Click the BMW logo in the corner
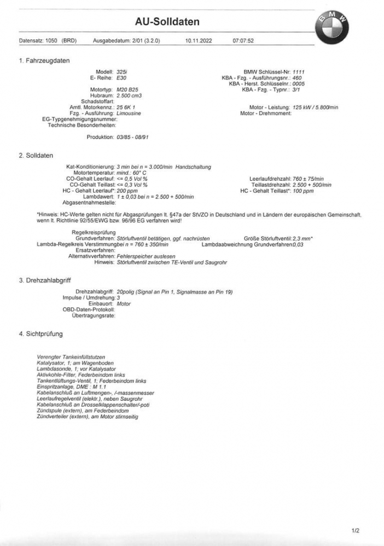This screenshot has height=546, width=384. coord(331,26)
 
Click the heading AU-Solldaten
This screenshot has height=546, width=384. coord(167,22)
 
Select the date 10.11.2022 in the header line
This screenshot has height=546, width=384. coord(198,41)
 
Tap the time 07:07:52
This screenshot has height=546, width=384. coord(243,41)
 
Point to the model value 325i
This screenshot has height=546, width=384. coord(123,72)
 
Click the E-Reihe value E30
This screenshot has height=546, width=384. coord(122,78)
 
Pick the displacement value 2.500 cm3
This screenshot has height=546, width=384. coord(130,96)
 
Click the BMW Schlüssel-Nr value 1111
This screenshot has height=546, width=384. coord(299,72)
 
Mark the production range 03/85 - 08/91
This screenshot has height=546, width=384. coord(132,137)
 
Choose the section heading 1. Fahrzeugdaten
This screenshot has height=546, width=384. coord(44,61)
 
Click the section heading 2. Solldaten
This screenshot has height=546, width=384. coord(36,156)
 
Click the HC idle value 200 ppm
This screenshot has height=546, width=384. coord(127,191)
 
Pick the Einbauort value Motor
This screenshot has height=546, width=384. coord(124,304)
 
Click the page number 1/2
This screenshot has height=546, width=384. coord(356,530)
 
